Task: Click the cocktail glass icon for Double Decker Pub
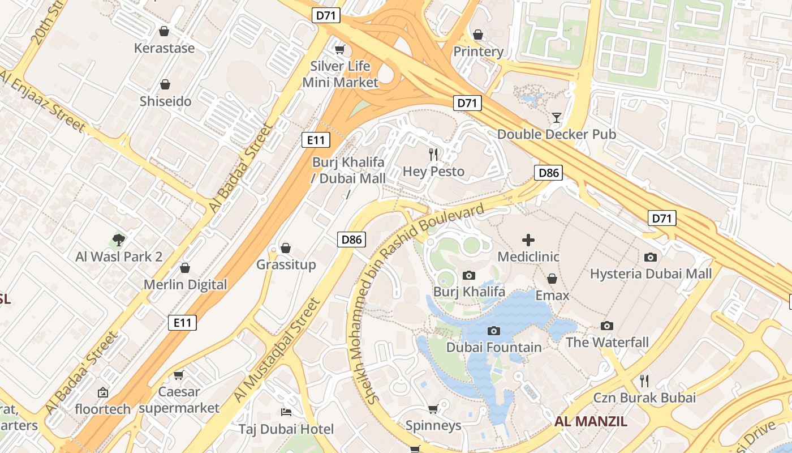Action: click(557, 118)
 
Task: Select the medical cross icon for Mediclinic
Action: click(528, 240)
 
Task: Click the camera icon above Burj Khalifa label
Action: click(468, 276)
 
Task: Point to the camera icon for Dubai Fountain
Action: click(494, 331)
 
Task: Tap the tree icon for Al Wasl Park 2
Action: click(119, 240)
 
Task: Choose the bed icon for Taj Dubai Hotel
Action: click(286, 412)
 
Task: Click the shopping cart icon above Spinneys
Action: click(433, 409)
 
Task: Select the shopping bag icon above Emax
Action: click(552, 279)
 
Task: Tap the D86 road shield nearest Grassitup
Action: click(351, 240)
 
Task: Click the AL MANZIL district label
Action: click(591, 421)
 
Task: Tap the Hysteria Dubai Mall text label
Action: click(651, 274)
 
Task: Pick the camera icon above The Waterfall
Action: click(607, 326)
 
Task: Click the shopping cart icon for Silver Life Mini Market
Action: click(339, 50)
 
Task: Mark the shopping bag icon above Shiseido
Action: click(165, 85)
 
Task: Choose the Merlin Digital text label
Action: click(185, 285)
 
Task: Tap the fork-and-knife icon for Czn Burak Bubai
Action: click(644, 381)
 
